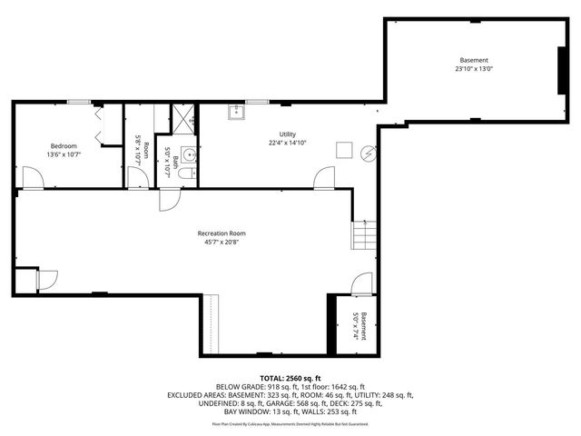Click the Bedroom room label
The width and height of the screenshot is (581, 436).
tap(64, 146)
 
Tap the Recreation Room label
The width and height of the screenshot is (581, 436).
tap(222, 233)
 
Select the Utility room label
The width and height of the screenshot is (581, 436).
tap(287, 134)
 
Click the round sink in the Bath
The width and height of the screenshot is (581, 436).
tap(188, 153)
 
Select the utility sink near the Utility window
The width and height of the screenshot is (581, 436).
tap(239, 113)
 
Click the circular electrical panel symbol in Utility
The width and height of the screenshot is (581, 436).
tap(368, 154)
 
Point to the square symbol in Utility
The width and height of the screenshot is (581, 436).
tap(344, 150)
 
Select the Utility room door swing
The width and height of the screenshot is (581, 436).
tap(324, 178)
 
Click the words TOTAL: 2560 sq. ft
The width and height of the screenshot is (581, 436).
tap(290, 378)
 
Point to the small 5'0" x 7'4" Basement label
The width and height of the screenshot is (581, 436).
tap(360, 326)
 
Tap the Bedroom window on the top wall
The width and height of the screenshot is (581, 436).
tap(80, 103)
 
